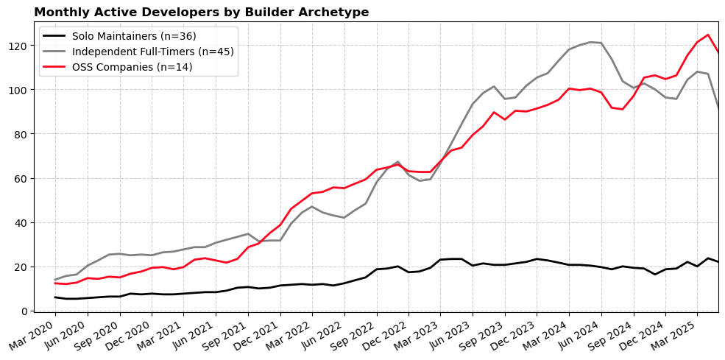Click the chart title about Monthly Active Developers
[201, 13]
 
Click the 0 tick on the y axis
[26, 311]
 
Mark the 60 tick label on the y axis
[23, 178]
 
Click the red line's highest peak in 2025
[708, 35]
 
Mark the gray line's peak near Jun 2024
[590, 42]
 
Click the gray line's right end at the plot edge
[718, 108]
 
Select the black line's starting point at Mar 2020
[55, 297]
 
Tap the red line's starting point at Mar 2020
[55, 283]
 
